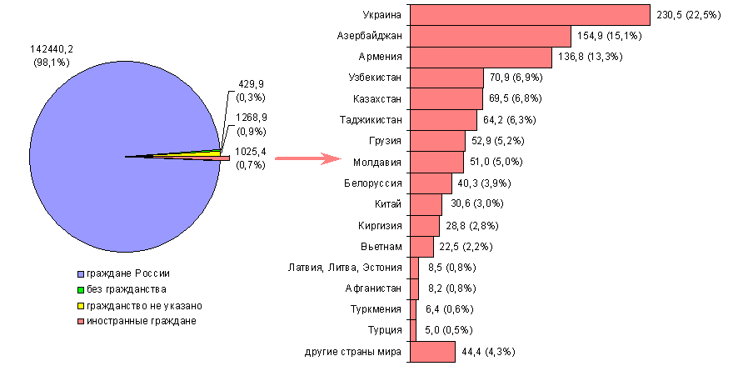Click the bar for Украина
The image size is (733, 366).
pos(530,15)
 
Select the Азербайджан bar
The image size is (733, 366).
pos(491,36)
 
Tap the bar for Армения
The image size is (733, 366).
pos(481,57)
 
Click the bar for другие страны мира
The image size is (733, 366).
pos(432,352)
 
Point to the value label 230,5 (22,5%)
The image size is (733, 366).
pos(690,15)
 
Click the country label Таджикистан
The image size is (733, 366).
pos(371,120)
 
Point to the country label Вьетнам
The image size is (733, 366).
pos(383,247)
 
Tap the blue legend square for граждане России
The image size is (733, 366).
pos(81,274)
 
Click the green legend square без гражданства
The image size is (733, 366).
pos(81,290)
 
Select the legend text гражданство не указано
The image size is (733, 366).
pos(144,306)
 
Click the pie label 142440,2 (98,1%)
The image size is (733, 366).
pos(52,57)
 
